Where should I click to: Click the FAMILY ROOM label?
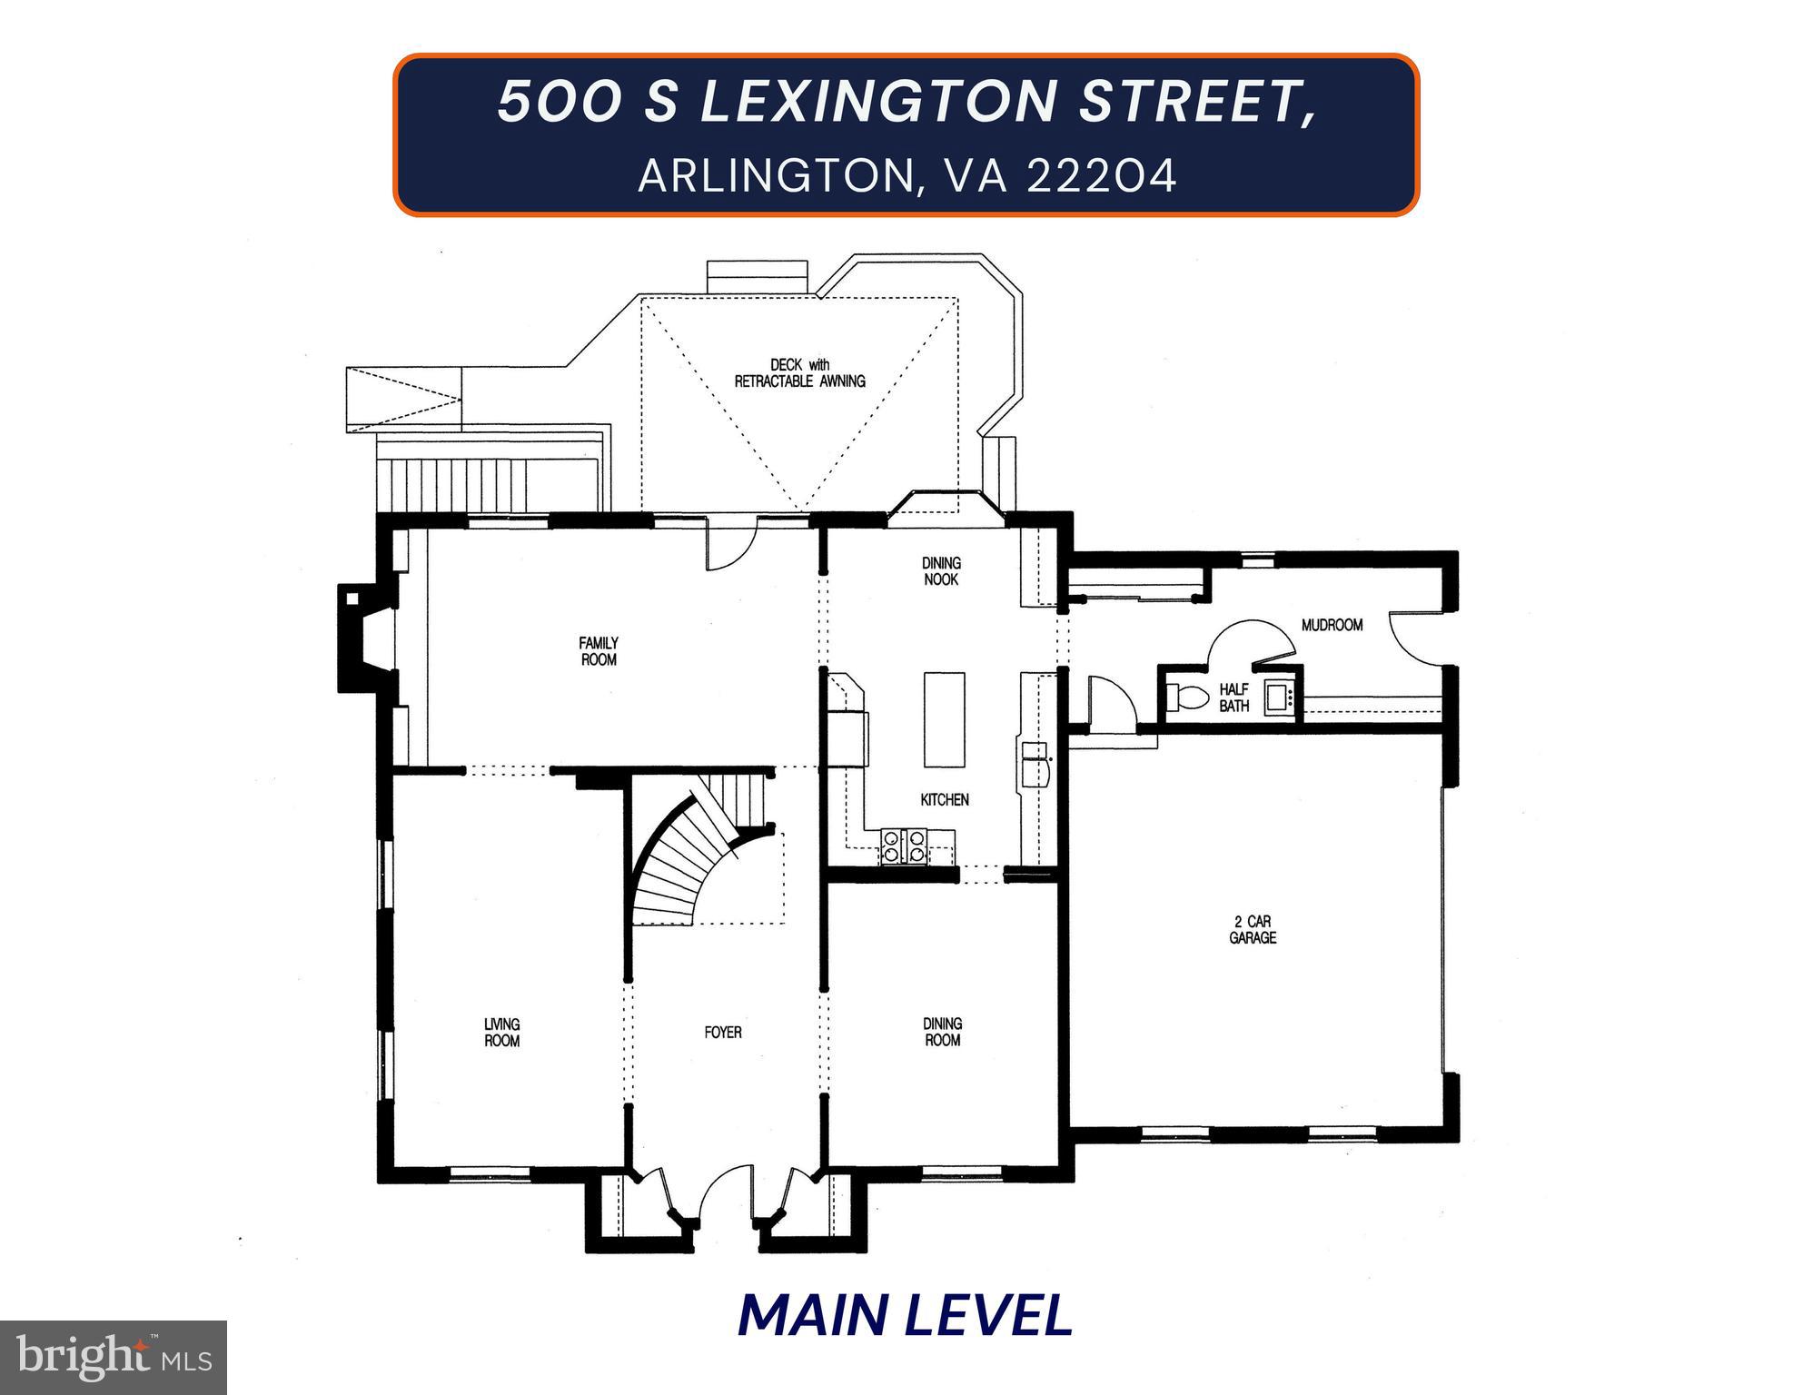[598, 651]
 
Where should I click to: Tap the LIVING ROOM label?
[501, 1033]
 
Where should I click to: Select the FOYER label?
[722, 1033]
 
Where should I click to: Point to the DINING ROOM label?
[942, 1032]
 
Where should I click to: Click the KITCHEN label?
[945, 800]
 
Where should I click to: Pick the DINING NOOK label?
[941, 571]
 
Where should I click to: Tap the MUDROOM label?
[1332, 625]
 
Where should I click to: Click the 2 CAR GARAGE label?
[1253, 930]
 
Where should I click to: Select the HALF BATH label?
[1233, 697]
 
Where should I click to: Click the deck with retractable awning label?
[799, 373]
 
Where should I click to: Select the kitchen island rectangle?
[945, 719]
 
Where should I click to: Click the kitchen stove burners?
[904, 846]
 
